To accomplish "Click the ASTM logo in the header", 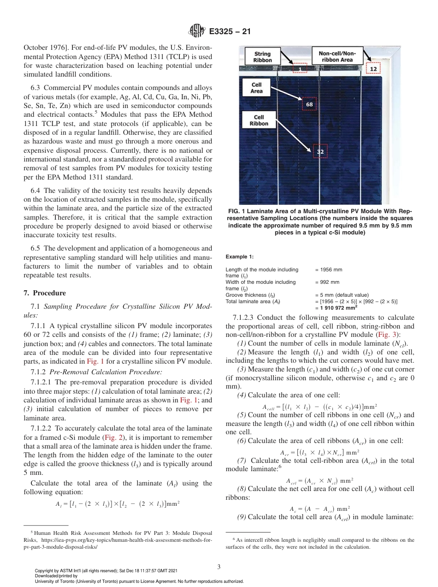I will [x=197, y=32].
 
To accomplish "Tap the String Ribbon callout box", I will [x=262, y=57].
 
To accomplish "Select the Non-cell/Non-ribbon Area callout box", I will [x=336, y=56].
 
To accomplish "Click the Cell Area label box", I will [x=256, y=88].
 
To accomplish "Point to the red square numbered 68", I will [x=309, y=105].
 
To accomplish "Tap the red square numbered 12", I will [x=373, y=69].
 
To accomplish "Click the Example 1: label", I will [x=239, y=257].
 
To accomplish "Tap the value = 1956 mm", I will [x=328, y=270].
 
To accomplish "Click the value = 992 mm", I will [x=327, y=282].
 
